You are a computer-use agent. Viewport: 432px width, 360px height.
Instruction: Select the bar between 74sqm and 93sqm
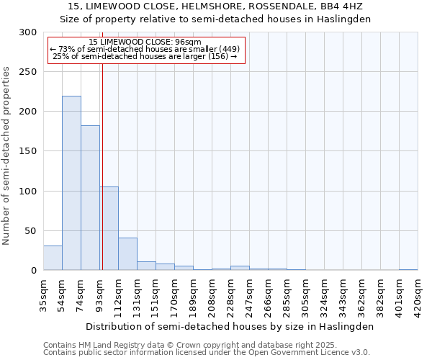pos(90,198)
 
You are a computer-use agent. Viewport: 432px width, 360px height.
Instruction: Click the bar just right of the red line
pos(109,228)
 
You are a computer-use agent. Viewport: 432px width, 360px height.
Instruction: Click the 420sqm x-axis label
pos(418,295)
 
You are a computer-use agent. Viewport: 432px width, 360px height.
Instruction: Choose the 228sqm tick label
pos(230,295)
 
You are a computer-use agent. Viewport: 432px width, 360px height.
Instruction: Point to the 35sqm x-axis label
pos(44,295)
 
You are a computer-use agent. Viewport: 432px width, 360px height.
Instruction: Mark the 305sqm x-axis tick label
pos(305,295)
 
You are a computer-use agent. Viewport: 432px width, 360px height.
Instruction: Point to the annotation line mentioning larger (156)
pos(145,56)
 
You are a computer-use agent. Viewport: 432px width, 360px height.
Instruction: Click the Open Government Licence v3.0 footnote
pos(207,352)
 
